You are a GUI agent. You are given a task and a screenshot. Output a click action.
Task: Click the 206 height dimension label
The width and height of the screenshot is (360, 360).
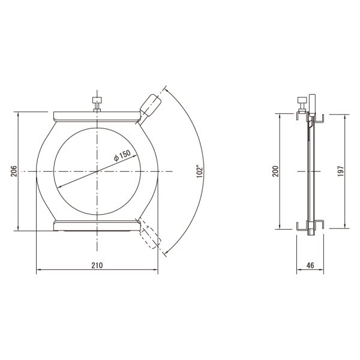point(14,171)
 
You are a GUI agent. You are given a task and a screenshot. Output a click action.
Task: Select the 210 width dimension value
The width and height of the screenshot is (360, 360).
point(97,265)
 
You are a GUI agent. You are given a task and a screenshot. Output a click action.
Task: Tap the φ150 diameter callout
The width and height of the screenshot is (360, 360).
point(122,155)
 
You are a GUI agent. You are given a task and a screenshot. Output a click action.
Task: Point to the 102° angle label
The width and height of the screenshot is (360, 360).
point(200,171)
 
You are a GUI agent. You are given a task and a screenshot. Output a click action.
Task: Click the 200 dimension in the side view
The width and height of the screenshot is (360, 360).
point(275,171)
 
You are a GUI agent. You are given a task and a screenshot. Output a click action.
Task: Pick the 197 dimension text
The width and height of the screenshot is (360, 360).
point(341,171)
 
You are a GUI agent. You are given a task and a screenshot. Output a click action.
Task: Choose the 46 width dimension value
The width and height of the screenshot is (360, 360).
point(310,265)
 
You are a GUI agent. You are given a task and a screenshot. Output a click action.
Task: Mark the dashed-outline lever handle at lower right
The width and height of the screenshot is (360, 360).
point(150,237)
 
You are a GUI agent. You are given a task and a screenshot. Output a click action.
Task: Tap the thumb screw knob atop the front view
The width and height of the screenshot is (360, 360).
point(97,100)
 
